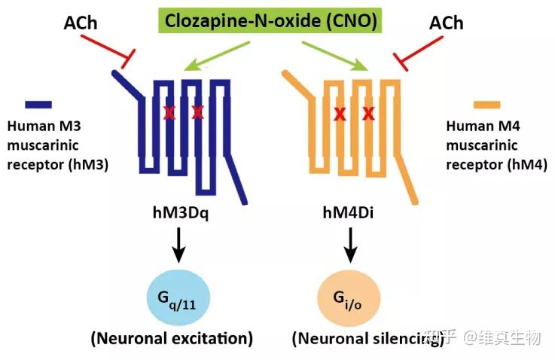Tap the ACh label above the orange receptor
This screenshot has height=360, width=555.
pos(446,23)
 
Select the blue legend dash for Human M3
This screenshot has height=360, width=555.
pos(38,105)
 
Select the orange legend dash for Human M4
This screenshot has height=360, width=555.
pos(486,105)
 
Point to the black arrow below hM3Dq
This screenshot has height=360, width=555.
pos(179,244)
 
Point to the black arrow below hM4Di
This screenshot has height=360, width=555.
pos(350,244)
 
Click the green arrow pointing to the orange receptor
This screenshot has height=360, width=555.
pos(336,55)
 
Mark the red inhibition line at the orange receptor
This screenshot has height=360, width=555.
pos(415,51)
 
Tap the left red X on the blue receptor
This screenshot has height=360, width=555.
pos(169,113)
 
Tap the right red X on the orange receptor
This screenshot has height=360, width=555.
pos(369,114)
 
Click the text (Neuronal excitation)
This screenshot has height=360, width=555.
pos(172,338)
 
